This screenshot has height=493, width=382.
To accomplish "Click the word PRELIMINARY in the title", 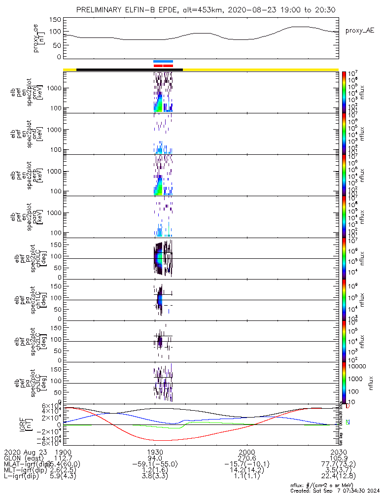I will tap(99, 10).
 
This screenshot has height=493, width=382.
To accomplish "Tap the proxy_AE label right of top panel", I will tap(360, 31).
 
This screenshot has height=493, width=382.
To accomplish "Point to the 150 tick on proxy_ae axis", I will tap(55, 19).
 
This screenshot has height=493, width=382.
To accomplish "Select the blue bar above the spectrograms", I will tap(163, 61).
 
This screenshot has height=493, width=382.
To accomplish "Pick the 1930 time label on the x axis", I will tap(155, 452).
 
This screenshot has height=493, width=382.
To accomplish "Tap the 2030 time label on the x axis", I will tap(338, 452).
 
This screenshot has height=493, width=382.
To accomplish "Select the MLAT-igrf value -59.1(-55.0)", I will tap(155, 464).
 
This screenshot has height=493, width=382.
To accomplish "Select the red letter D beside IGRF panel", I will tap(347, 406).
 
